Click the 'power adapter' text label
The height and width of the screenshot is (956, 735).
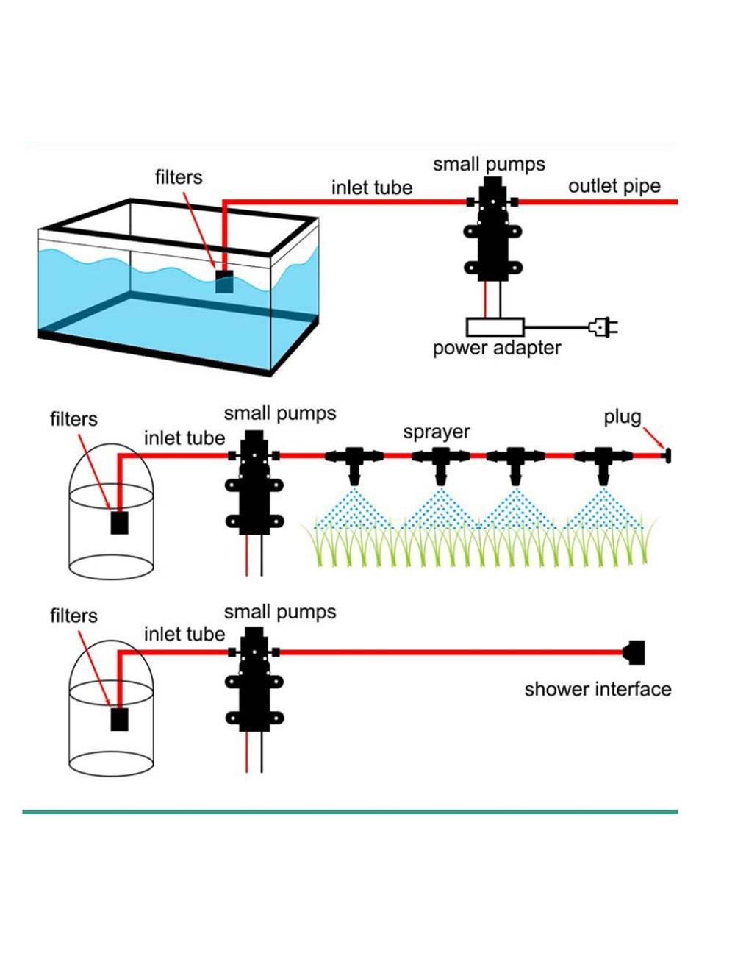[x=496, y=348]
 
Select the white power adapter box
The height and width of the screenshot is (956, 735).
[x=495, y=327]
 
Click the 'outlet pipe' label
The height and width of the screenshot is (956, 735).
[x=614, y=186]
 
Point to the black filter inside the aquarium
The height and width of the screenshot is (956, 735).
[x=224, y=282]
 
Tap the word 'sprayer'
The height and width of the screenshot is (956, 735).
[x=436, y=432]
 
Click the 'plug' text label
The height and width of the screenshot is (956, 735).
[x=622, y=417]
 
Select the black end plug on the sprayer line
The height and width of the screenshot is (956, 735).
[x=667, y=456]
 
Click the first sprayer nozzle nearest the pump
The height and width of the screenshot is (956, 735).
[x=354, y=463]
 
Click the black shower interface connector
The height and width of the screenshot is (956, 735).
[x=634, y=652]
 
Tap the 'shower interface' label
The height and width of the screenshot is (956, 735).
[x=598, y=689]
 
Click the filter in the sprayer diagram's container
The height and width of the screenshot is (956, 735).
[x=119, y=522]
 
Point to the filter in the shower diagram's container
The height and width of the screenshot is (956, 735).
[x=119, y=718]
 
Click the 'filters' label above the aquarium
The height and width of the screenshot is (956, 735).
[x=178, y=177]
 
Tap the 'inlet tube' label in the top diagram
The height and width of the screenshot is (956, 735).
[x=371, y=188]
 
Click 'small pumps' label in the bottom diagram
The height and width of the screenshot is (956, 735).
[x=279, y=612]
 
